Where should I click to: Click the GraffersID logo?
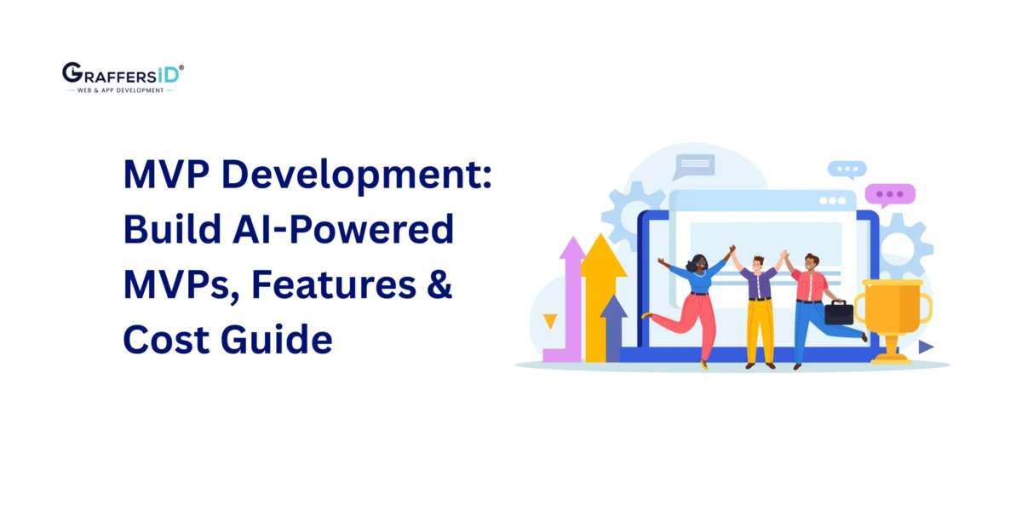click(x=122, y=77)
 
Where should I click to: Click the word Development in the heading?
click(x=346, y=175)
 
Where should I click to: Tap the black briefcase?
click(x=838, y=313)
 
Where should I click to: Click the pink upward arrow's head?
click(x=572, y=252)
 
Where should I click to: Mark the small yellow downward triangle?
click(x=550, y=321)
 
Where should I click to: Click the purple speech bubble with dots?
click(x=889, y=195)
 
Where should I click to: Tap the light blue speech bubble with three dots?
click(x=847, y=169)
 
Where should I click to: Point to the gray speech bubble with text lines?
click(x=694, y=164)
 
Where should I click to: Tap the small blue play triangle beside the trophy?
click(x=926, y=347)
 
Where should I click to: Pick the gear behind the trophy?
click(x=904, y=247)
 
